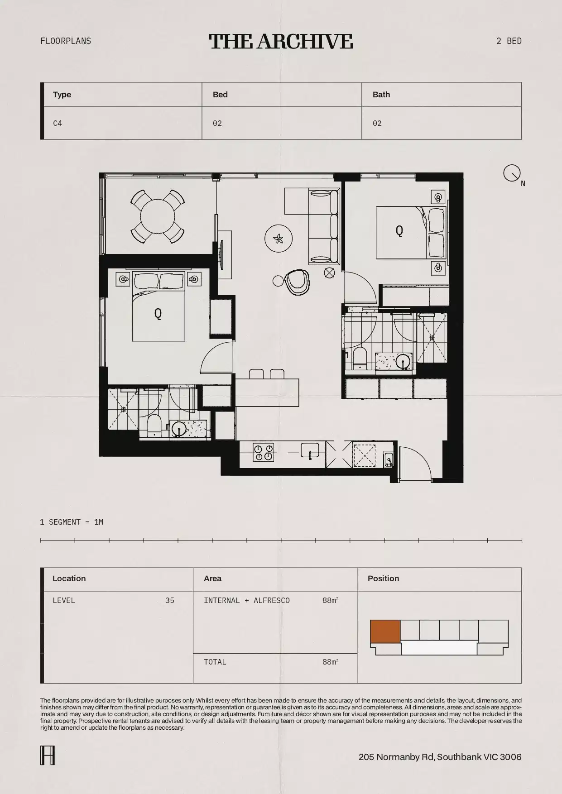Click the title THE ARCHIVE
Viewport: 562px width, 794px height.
pyautogui.click(x=281, y=41)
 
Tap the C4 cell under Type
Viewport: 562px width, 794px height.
pyautogui.click(x=58, y=123)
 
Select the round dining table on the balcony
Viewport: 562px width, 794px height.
pyautogui.click(x=157, y=216)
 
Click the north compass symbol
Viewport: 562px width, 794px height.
pyautogui.click(x=512, y=173)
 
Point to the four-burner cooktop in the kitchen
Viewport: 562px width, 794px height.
pyautogui.click(x=264, y=452)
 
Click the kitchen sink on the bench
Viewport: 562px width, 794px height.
pyautogui.click(x=310, y=451)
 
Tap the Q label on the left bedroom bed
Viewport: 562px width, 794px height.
pyautogui.click(x=158, y=313)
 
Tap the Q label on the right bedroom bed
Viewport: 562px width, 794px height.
pyautogui.click(x=399, y=231)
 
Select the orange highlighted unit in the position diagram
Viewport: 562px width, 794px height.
pyautogui.click(x=385, y=631)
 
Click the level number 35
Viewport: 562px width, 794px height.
pyautogui.click(x=169, y=601)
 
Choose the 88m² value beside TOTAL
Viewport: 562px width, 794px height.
pyautogui.click(x=330, y=662)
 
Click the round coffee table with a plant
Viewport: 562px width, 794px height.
pyautogui.click(x=279, y=238)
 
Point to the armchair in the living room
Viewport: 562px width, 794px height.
pyautogui.click(x=297, y=282)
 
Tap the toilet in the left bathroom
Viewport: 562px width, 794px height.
pyautogui.click(x=154, y=426)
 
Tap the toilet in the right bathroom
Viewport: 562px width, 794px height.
pyautogui.click(x=360, y=358)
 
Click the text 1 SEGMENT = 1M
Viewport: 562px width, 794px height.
pyautogui.click(x=72, y=522)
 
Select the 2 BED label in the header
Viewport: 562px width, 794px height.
pyautogui.click(x=509, y=41)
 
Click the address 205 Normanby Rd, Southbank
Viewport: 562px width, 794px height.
pyautogui.click(x=440, y=757)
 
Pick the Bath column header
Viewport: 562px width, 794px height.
pyautogui.click(x=381, y=95)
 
